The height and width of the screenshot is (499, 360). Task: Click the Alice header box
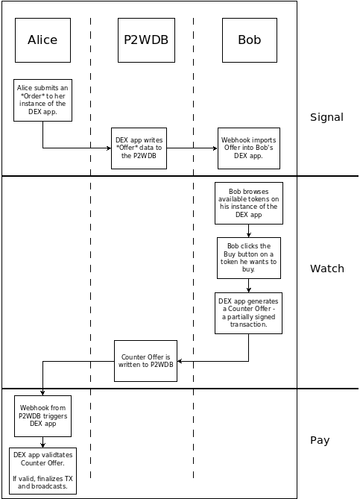[x=42, y=40]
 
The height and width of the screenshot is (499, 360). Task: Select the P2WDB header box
[x=145, y=40]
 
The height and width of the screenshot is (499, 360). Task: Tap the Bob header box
[x=249, y=40]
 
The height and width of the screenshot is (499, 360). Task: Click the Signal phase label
[x=326, y=117]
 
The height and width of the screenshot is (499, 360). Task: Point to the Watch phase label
[x=326, y=269]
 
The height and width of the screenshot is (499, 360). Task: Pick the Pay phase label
[x=320, y=440]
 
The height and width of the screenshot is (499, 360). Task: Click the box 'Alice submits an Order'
[x=42, y=100]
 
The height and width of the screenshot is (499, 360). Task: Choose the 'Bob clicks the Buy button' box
[x=249, y=257]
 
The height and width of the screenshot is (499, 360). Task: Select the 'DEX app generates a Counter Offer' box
[x=249, y=313]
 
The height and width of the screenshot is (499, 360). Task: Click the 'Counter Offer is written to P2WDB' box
[x=145, y=361]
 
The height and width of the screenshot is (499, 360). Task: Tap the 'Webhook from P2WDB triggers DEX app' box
[x=42, y=416]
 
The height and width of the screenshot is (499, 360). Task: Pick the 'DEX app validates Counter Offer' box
[x=42, y=471]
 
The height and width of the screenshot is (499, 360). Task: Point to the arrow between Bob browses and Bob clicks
[x=249, y=231]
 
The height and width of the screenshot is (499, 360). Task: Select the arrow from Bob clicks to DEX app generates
[x=249, y=285]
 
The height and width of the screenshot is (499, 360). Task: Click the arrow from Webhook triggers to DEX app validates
[x=42, y=442]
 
